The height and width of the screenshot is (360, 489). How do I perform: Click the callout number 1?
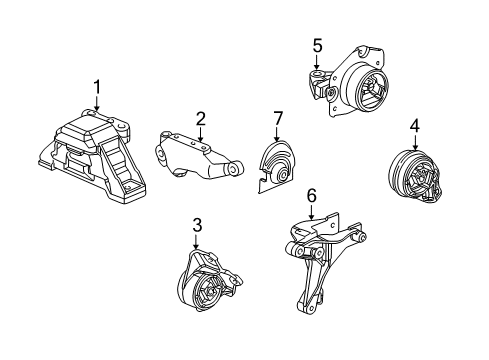[x=97, y=87]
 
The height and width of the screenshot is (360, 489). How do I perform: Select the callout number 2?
[x=200, y=119]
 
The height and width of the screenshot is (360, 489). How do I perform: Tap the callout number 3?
[x=196, y=226]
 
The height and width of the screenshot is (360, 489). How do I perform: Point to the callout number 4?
[x=414, y=126]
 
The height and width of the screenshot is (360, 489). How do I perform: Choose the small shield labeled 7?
[x=273, y=165]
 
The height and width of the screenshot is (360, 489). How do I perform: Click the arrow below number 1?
[x=97, y=107]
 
